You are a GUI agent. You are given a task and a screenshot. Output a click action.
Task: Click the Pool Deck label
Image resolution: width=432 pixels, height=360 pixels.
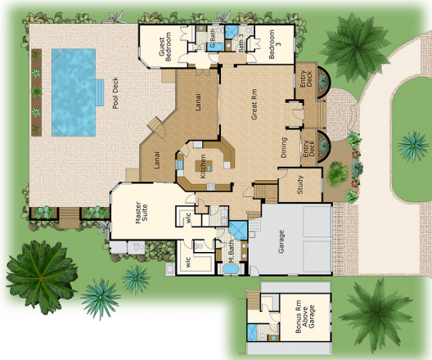point(115,93)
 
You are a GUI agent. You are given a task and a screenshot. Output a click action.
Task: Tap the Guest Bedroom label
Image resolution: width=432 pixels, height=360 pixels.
point(165,47)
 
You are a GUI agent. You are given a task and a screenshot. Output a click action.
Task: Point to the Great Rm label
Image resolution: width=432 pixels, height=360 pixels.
point(254,104)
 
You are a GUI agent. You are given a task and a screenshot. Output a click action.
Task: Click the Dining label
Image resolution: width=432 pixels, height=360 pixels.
point(284,147)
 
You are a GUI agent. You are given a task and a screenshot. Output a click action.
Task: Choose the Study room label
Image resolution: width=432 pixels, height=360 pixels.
point(300,185)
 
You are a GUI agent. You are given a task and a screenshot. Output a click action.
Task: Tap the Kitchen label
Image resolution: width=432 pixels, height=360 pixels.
point(203,166)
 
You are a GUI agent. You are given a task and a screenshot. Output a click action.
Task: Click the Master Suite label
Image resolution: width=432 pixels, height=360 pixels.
point(142,212)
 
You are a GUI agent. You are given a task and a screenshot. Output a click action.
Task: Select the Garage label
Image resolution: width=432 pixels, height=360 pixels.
point(281,242)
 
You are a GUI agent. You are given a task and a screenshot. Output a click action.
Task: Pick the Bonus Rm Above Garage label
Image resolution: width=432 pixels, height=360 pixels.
point(304,317)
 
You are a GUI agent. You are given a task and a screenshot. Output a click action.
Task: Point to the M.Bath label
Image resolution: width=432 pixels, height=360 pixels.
point(231,251)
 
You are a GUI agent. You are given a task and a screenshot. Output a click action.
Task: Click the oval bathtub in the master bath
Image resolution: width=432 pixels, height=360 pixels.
point(231,269)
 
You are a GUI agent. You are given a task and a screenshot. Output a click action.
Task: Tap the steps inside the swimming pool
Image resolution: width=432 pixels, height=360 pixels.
point(100,92)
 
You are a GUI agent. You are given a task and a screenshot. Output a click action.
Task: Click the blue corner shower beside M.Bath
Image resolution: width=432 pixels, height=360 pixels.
point(238,230)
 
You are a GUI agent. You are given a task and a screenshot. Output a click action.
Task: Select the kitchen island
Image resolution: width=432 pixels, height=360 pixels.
point(204,166)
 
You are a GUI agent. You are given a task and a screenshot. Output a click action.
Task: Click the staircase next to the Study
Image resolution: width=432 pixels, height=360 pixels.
point(265,191)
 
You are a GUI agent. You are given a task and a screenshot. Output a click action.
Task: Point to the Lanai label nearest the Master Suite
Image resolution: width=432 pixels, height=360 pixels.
point(157,160)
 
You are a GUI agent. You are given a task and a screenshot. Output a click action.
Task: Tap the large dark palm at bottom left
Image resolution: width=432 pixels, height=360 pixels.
point(42,277)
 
